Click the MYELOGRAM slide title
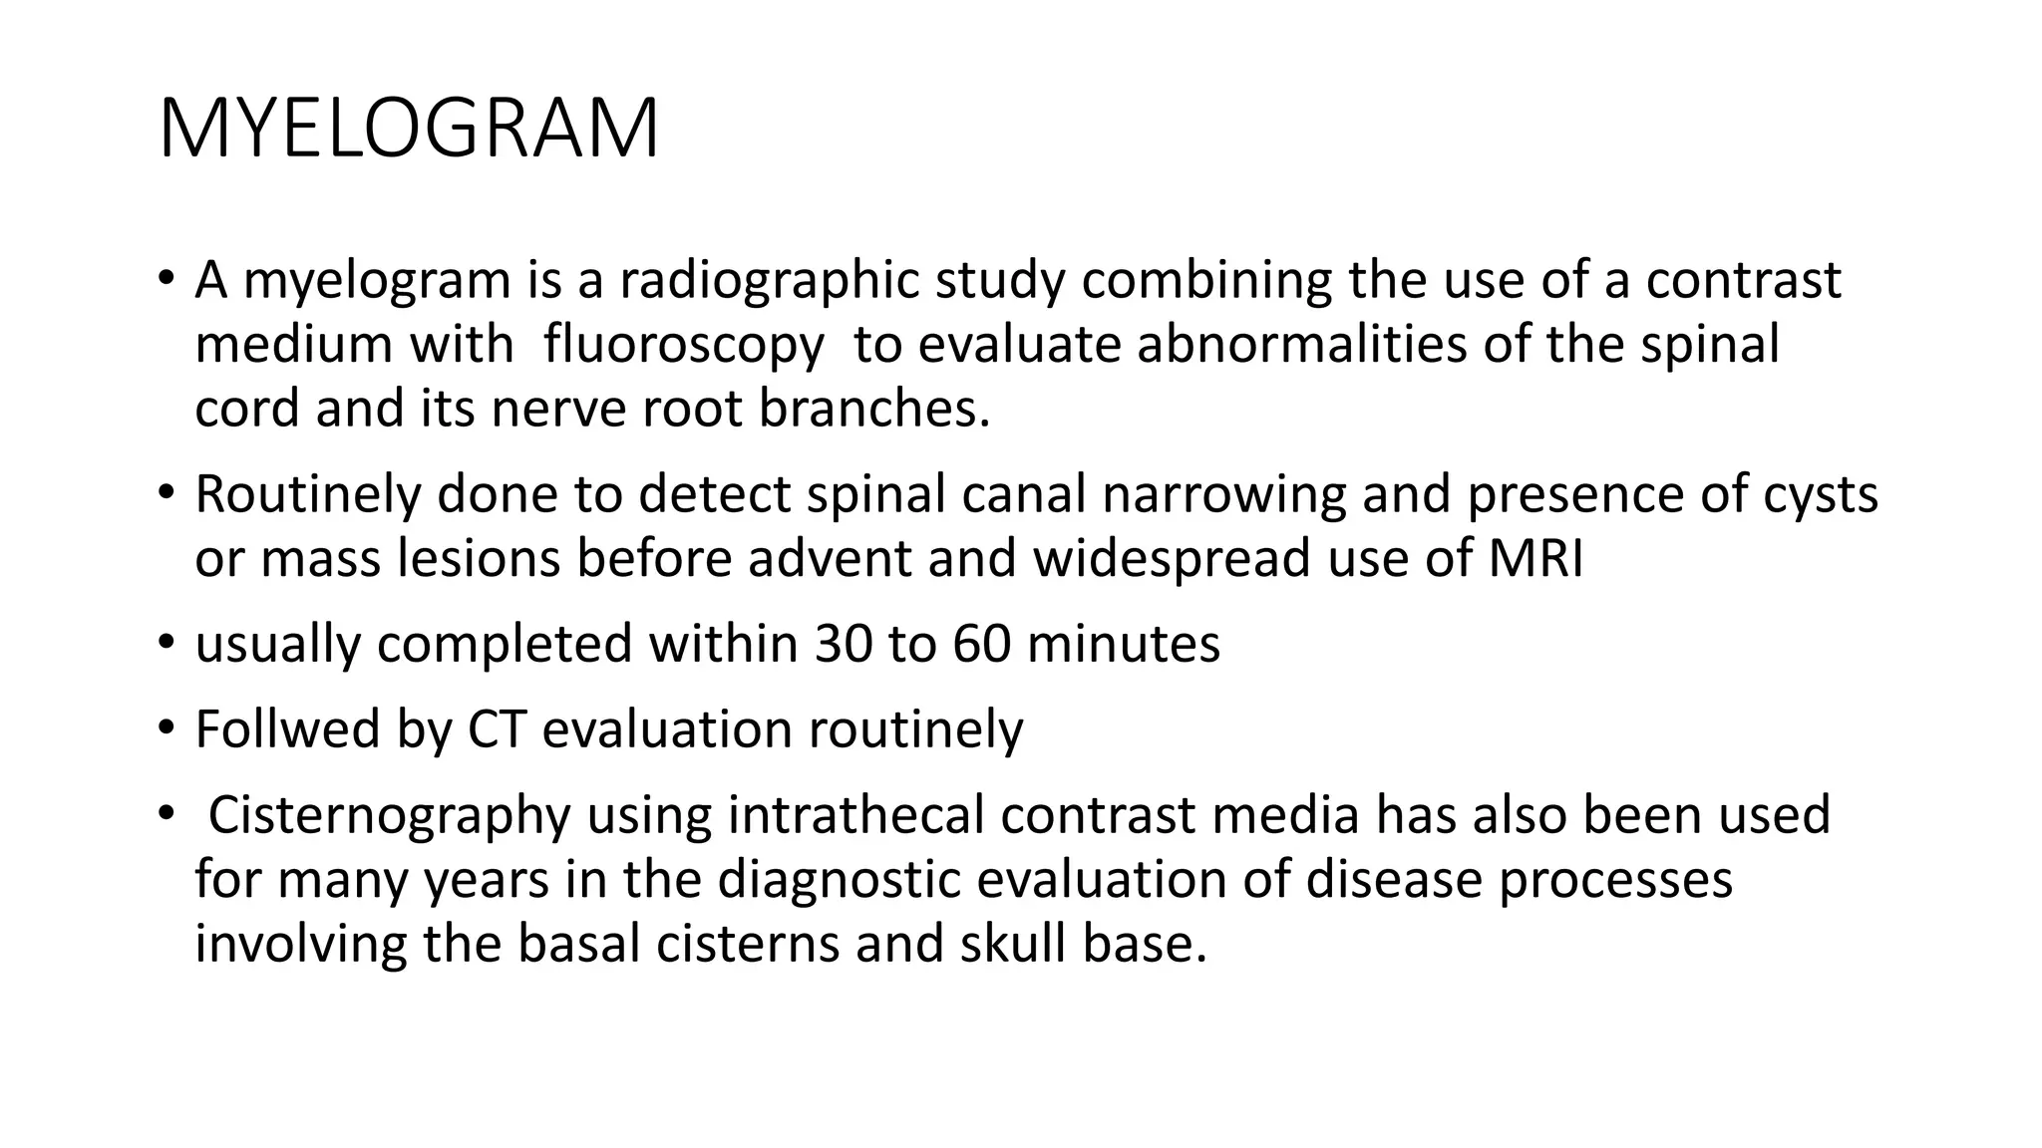pyautogui.click(x=409, y=129)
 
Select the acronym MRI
pyautogui.click(x=1535, y=558)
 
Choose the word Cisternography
pyautogui.click(x=389, y=815)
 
